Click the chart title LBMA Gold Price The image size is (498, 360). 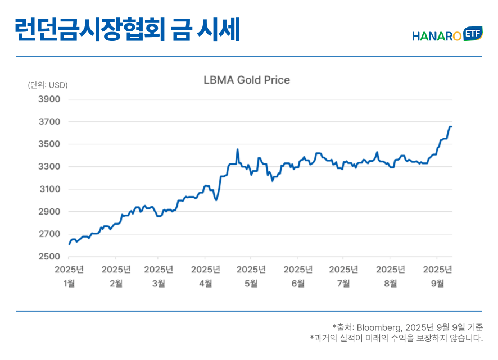(x=247, y=80)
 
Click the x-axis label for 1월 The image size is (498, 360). (x=69, y=283)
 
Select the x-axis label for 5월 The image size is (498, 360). (x=251, y=283)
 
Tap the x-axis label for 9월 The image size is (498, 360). (x=437, y=283)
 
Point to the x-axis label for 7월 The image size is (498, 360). (x=343, y=283)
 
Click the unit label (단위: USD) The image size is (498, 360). (x=48, y=85)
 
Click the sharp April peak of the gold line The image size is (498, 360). (x=238, y=149)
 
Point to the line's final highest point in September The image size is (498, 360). (x=451, y=127)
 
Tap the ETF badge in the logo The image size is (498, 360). (x=473, y=34)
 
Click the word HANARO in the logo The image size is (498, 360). (x=437, y=37)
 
